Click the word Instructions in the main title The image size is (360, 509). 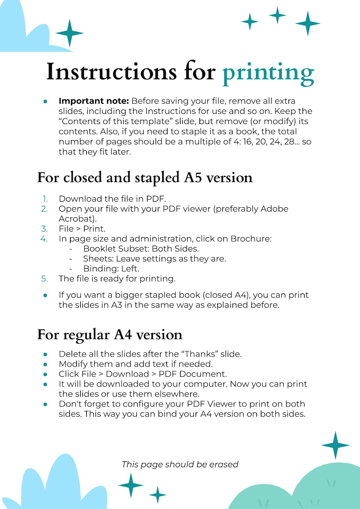click(x=111, y=72)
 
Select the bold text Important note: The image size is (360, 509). click(x=93, y=101)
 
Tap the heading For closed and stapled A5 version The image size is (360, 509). click(x=145, y=178)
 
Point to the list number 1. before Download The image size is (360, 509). click(x=45, y=199)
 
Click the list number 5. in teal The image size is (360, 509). click(x=45, y=279)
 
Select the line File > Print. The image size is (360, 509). click(x=82, y=229)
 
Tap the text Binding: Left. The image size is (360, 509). click(x=111, y=268)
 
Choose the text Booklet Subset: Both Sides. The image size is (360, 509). click(x=141, y=248)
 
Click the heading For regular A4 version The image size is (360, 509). click(x=110, y=335)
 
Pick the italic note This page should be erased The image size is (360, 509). click(x=180, y=464)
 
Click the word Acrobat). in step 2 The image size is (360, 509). click(x=78, y=219)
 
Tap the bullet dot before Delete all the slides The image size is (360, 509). click(x=45, y=354)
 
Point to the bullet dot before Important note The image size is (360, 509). click(x=45, y=101)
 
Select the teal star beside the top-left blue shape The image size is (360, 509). click(x=69, y=33)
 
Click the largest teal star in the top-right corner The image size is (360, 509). click(x=308, y=23)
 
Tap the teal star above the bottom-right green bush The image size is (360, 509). click(x=335, y=445)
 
